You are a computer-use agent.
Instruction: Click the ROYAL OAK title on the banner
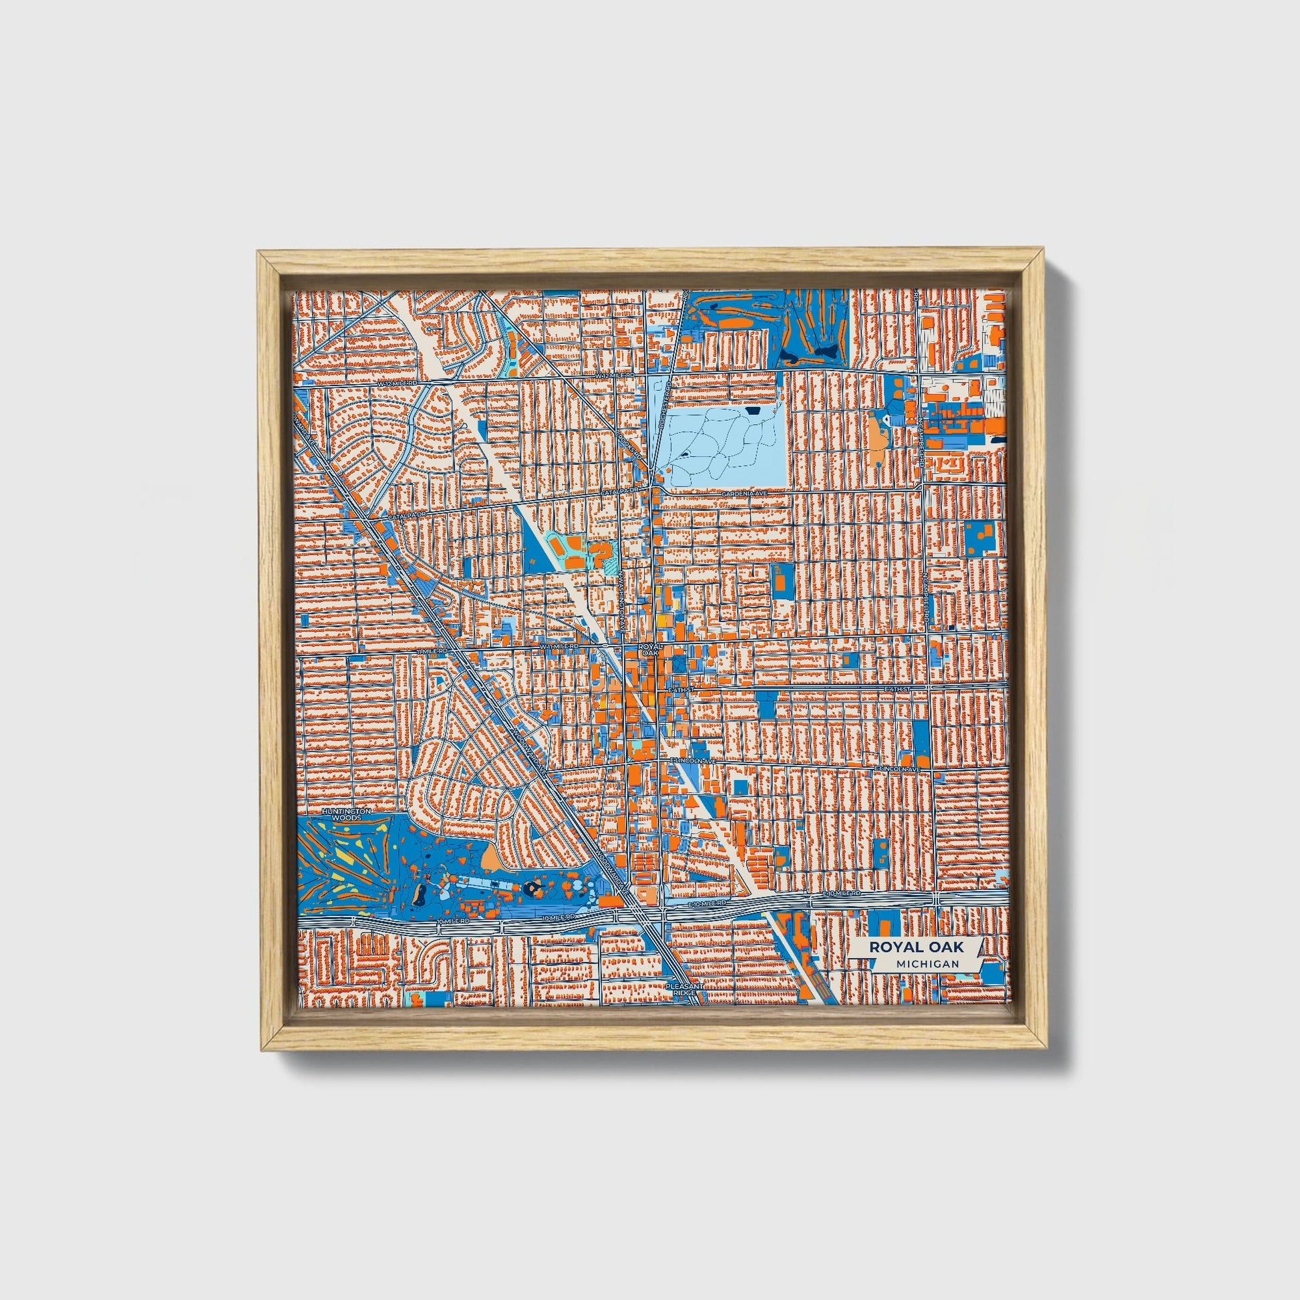coord(916,946)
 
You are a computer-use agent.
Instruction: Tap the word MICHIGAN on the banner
coord(927,963)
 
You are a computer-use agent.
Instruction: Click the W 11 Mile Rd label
coord(559,646)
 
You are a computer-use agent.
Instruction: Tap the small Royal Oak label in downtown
coord(650,649)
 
